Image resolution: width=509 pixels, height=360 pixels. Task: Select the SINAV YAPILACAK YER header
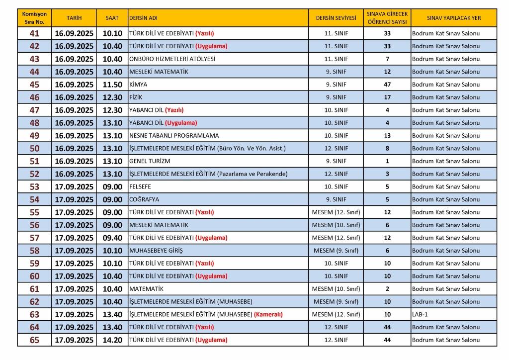(x=453, y=18)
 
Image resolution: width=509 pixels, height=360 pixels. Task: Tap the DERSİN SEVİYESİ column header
(x=336, y=18)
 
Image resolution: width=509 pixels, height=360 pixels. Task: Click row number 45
(x=34, y=85)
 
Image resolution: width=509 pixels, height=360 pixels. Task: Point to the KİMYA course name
(x=138, y=85)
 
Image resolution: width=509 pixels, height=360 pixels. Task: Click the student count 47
(x=387, y=85)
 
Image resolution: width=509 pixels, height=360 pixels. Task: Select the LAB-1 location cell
(x=420, y=315)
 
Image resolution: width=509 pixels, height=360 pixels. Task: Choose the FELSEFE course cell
(x=140, y=187)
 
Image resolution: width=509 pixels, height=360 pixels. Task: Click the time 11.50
(x=112, y=85)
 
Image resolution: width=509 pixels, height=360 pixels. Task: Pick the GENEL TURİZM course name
(x=150, y=161)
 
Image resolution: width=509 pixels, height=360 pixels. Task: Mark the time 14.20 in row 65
(x=112, y=340)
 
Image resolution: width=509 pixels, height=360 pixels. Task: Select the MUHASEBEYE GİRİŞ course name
(x=156, y=251)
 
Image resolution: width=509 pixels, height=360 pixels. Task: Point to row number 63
(x=34, y=315)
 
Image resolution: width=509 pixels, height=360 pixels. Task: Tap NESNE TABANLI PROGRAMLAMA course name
(x=174, y=136)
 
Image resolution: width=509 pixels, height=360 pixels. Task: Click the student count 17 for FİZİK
(x=387, y=97)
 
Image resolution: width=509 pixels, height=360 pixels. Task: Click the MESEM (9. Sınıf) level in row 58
(x=336, y=251)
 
